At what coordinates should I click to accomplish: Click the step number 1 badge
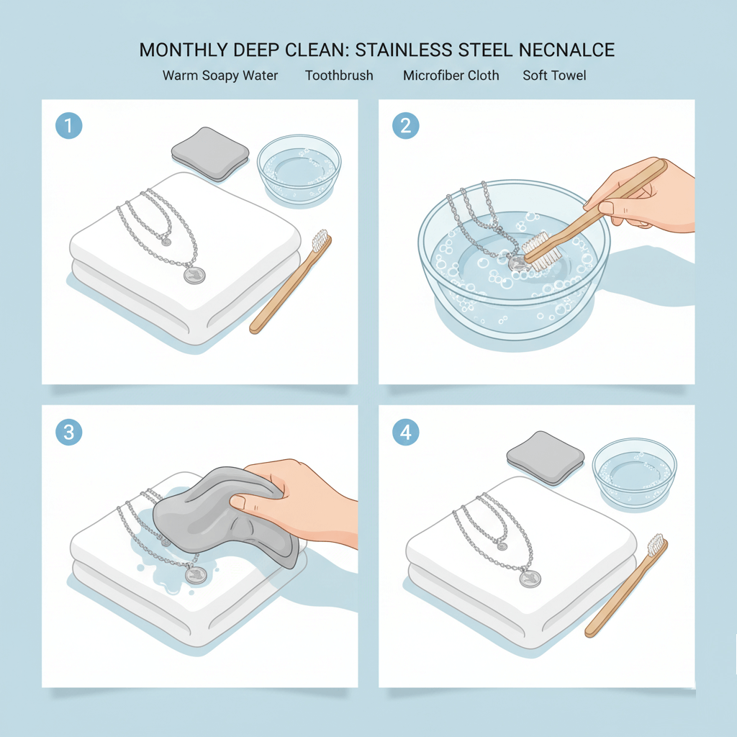pyautogui.click(x=69, y=127)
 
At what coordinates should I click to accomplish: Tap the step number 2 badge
pyautogui.click(x=406, y=127)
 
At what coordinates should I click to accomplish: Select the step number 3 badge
pyautogui.click(x=69, y=433)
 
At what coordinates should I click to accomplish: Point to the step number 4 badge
pyautogui.click(x=406, y=433)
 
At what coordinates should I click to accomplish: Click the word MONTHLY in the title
pyautogui.click(x=179, y=50)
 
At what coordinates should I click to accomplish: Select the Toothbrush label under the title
pyautogui.click(x=339, y=75)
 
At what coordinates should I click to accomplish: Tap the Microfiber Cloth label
pyautogui.click(x=451, y=75)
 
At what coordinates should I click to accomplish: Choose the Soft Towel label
pyautogui.click(x=554, y=75)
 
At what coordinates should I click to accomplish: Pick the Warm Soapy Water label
pyautogui.click(x=220, y=75)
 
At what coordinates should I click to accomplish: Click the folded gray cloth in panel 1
pyautogui.click(x=210, y=153)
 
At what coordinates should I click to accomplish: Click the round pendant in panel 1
pyautogui.click(x=194, y=275)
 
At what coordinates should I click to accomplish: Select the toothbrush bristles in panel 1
pyautogui.click(x=320, y=240)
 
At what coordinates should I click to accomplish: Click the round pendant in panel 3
pyautogui.click(x=196, y=574)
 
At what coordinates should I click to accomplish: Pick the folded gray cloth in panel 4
pyautogui.click(x=546, y=458)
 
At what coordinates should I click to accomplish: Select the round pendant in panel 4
pyautogui.click(x=530, y=579)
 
